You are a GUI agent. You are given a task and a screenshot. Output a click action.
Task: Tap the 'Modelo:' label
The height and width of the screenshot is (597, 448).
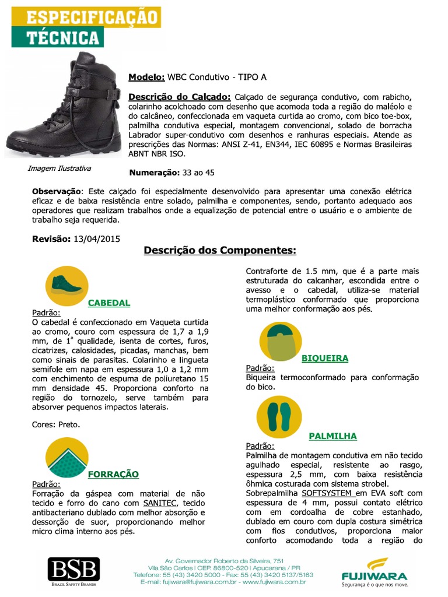click(146, 77)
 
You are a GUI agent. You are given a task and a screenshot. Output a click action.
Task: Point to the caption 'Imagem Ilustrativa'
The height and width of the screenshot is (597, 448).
click(60, 168)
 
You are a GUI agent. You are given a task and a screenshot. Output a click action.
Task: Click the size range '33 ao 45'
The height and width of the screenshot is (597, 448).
click(198, 173)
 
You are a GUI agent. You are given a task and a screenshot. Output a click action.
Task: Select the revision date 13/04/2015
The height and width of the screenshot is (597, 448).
click(96, 239)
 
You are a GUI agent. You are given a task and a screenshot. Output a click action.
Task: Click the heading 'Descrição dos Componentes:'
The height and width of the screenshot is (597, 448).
click(220, 251)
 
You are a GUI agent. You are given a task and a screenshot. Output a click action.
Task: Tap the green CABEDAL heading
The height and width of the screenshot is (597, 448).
click(108, 303)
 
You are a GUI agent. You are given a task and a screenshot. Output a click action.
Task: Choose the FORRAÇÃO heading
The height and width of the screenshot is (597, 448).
click(113, 474)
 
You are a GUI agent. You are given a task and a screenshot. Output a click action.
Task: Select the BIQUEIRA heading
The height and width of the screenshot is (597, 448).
click(324, 358)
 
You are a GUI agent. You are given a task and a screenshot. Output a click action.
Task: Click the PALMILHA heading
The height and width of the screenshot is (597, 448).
click(332, 436)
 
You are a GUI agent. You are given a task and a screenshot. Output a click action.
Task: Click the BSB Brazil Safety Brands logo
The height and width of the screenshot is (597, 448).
click(73, 571)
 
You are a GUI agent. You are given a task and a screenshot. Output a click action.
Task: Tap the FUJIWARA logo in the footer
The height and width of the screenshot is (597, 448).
click(374, 572)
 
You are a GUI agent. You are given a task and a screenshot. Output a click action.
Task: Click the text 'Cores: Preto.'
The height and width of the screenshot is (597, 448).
click(56, 424)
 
